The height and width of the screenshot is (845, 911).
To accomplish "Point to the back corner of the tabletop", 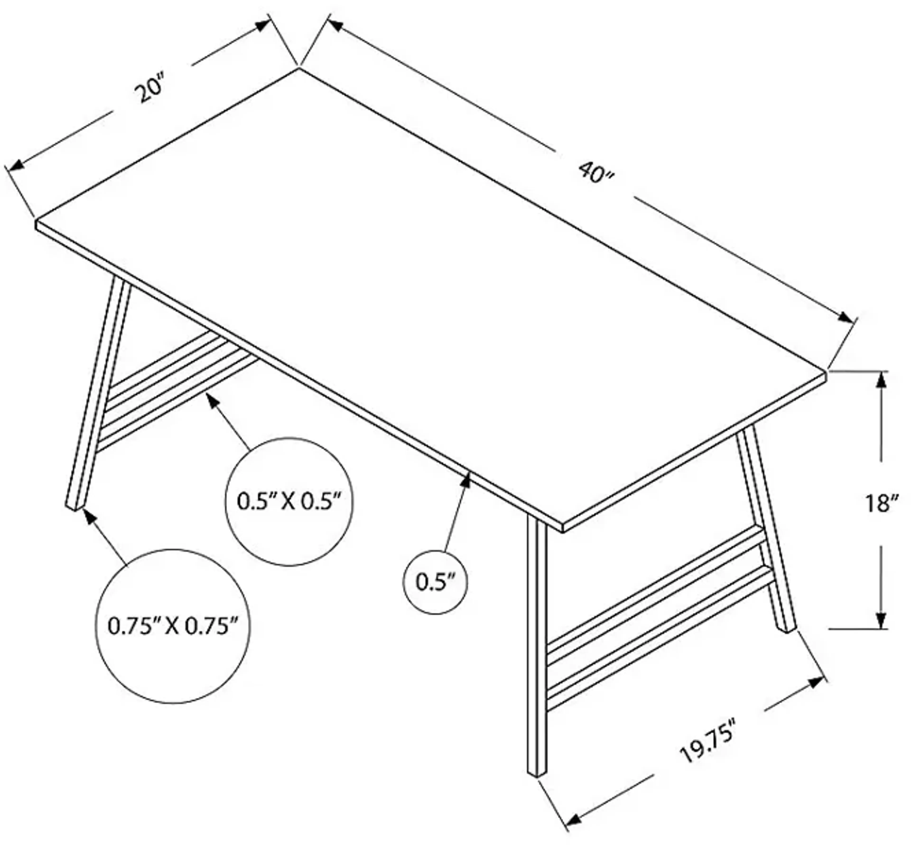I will (299, 69).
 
